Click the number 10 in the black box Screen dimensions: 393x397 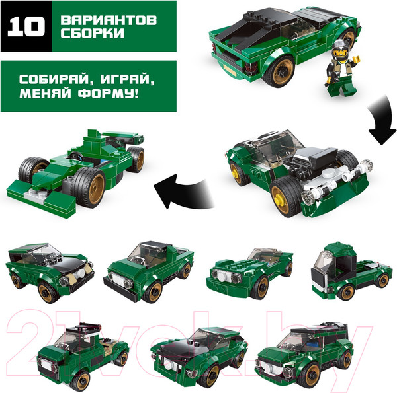click(x=26, y=26)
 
